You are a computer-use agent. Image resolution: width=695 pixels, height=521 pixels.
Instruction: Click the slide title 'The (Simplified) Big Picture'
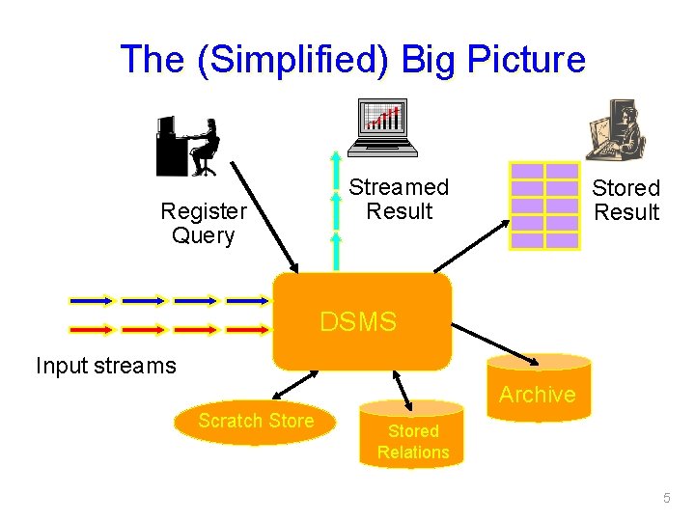coord(352,60)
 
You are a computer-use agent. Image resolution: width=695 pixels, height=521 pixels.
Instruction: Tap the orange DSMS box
coord(361,322)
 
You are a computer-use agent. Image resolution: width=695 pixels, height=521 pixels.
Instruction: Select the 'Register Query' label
coord(203,223)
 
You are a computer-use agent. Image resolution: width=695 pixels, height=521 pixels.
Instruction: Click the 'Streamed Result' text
coord(399,199)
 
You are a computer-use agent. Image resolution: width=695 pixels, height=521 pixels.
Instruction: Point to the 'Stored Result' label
coord(625,200)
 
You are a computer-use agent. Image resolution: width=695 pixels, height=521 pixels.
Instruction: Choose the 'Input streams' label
coord(106,366)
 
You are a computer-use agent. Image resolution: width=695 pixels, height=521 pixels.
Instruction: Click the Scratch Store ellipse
coord(256,422)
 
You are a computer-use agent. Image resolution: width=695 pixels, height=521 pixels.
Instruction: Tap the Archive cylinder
coord(538,389)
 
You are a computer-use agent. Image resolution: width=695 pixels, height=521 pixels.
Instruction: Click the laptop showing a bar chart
coord(384,125)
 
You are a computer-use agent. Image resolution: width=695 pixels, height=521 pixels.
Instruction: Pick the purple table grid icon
coord(544,206)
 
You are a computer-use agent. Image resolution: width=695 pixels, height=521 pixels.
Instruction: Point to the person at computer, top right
coord(615,131)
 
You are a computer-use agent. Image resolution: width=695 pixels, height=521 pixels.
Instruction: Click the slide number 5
coord(666,498)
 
